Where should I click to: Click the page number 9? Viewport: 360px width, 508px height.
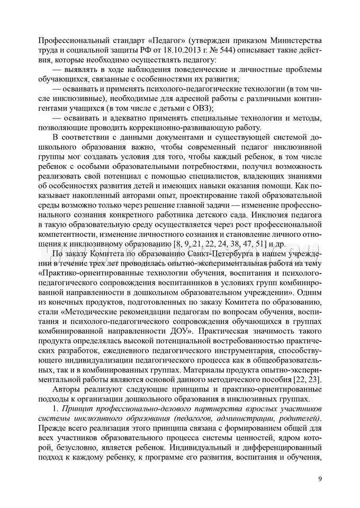tap(320, 479)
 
